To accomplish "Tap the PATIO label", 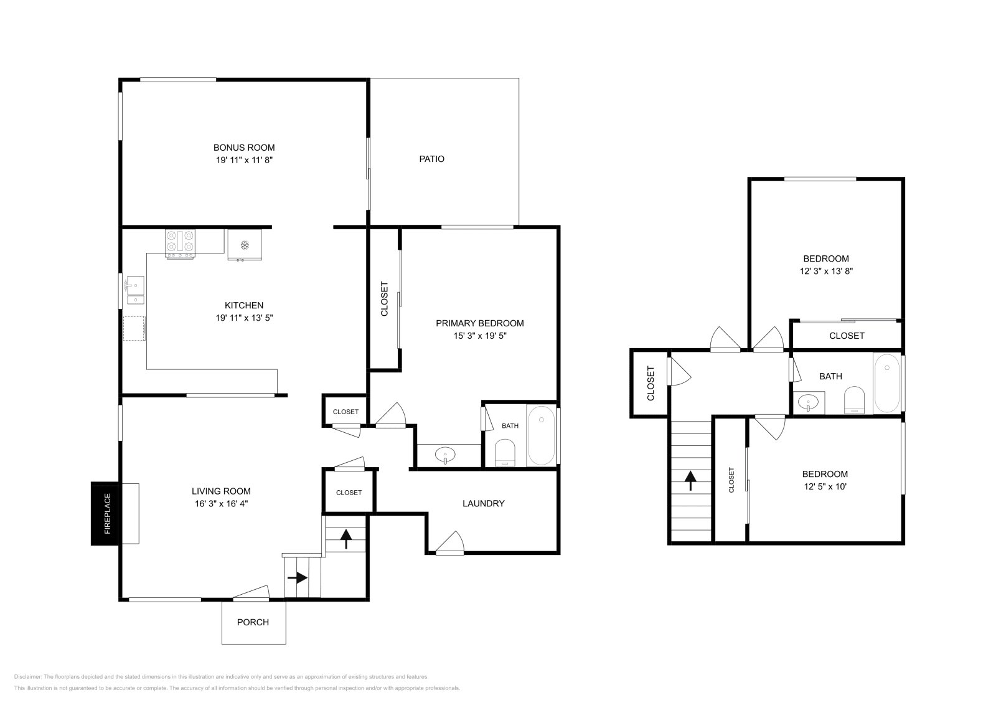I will click(x=431, y=159).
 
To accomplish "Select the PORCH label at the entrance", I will click(x=253, y=622).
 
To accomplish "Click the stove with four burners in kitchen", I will click(x=180, y=243).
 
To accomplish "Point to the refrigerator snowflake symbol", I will click(x=245, y=245).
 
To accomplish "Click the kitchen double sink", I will click(x=135, y=290).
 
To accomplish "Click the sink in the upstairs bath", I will click(x=809, y=403).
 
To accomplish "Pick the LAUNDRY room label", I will click(x=483, y=504).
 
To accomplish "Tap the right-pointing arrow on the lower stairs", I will click(x=298, y=578).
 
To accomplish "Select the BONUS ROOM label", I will click(x=244, y=148).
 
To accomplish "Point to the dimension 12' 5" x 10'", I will click(x=825, y=486).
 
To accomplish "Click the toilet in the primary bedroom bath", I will click(x=505, y=453).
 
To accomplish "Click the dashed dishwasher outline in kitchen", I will click(x=134, y=328).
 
